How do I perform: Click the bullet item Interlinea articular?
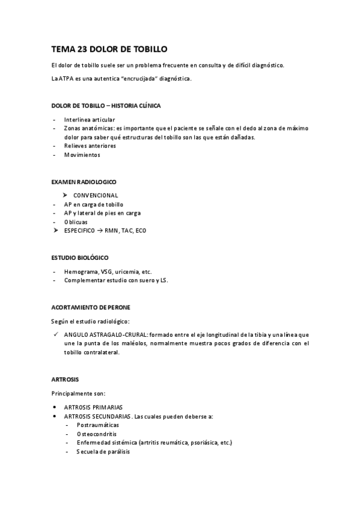[90, 120]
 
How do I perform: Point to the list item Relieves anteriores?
[90, 146]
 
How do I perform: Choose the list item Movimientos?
[82, 155]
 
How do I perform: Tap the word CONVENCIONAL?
[96, 195]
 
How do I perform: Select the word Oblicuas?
[76, 222]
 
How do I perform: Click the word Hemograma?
[81, 272]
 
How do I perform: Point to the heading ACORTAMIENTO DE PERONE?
[91, 307]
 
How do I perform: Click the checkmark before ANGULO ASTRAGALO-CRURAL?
[55, 334]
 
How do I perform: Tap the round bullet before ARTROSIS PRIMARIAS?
[55, 407]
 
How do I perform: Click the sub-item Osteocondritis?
[96, 434]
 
